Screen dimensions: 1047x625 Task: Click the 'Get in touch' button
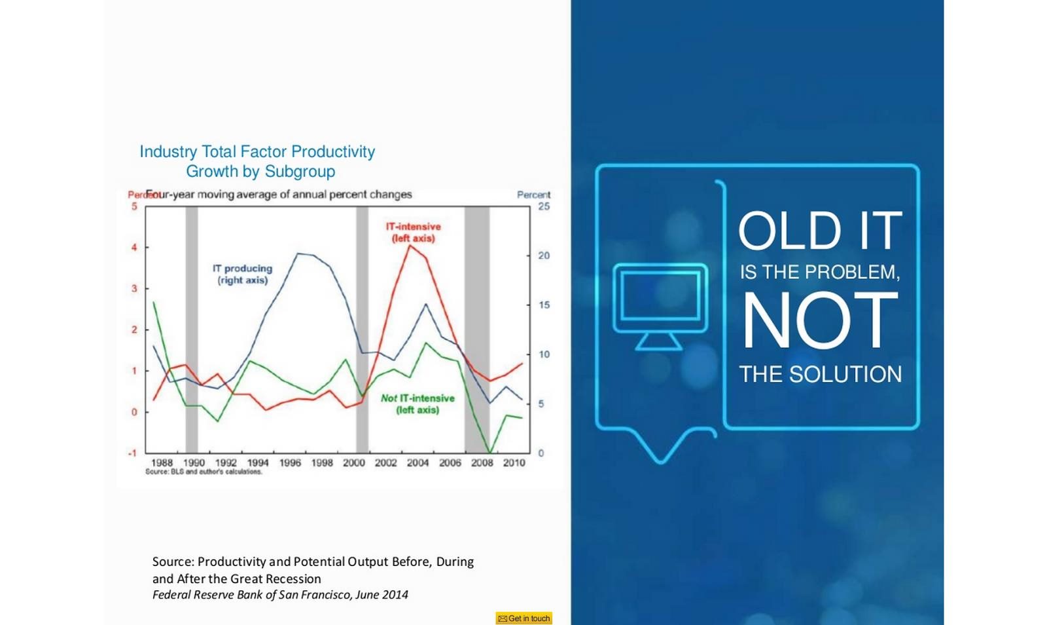click(524, 618)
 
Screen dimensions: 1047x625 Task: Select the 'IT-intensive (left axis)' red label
click(413, 233)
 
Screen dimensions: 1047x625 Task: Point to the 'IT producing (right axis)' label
click(242, 274)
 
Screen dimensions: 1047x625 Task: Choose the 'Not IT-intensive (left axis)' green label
click(417, 404)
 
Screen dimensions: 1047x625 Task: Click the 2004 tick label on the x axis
click(417, 463)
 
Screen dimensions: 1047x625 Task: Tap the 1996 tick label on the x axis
click(290, 463)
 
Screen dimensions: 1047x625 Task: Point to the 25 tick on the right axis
click(544, 206)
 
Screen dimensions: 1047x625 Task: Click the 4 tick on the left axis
click(134, 248)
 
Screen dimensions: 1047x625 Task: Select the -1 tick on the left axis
click(133, 453)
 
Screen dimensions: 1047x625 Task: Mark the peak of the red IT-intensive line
click(410, 246)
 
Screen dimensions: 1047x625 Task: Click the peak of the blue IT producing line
click(298, 254)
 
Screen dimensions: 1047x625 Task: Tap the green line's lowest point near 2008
click(490, 453)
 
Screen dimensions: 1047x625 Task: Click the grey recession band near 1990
click(192, 330)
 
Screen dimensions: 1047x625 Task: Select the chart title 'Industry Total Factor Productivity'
click(257, 151)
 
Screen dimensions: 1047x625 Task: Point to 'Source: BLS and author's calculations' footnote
click(204, 472)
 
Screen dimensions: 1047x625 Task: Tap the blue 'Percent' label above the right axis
click(533, 195)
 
